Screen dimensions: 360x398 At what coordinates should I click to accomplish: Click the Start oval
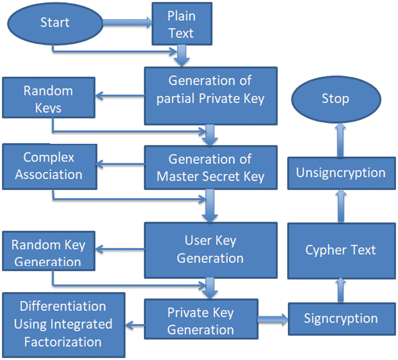[x=55, y=23]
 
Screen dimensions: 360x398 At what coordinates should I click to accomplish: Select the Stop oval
[x=335, y=98]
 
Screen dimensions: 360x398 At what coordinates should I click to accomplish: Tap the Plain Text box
[x=181, y=25]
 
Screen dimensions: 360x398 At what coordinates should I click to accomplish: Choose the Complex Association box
[x=49, y=166]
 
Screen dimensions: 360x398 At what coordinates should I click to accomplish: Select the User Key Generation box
[x=210, y=249]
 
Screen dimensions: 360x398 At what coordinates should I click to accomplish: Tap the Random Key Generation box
[x=48, y=252]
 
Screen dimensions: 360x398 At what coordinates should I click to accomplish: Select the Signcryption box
[x=341, y=319]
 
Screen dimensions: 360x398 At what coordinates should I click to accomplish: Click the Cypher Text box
[x=341, y=250]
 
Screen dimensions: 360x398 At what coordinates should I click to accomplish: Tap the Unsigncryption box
[x=341, y=173]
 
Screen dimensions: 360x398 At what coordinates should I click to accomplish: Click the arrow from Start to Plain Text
[x=127, y=23]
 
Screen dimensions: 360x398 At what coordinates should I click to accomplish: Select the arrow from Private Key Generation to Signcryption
[x=273, y=319]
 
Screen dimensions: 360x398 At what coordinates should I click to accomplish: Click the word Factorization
[x=63, y=341]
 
